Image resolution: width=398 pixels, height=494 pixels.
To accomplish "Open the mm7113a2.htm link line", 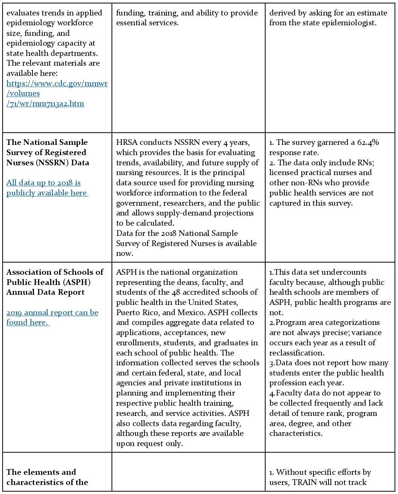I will (x=45, y=104).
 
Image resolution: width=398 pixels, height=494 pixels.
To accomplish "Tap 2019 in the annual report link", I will (x=14, y=312).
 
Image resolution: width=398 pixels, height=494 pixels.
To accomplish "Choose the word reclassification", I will (x=296, y=353).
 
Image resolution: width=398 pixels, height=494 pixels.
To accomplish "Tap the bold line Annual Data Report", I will (x=45, y=292).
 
